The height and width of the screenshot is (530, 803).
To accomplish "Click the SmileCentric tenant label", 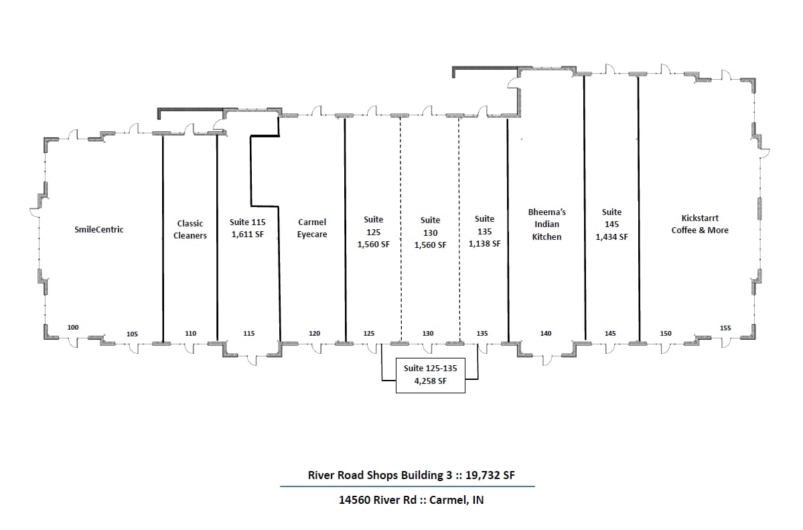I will tap(98, 230).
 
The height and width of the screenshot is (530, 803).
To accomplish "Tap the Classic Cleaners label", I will tap(190, 229).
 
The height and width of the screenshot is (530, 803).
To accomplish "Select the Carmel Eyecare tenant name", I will tap(312, 228).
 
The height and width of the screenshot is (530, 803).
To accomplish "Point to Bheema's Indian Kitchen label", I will tap(546, 224).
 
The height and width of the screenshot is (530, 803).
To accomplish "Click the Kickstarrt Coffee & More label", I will tap(700, 224).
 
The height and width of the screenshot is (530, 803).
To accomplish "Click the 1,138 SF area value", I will tap(484, 244).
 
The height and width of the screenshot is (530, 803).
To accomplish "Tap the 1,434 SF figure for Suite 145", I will tap(611, 237).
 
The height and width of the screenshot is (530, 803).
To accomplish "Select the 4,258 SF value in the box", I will tap(431, 383).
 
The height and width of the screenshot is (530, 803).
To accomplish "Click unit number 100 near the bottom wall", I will tap(73, 327).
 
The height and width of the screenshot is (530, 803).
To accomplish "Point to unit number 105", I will tap(132, 334).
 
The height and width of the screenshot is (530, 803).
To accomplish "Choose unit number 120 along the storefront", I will tap(314, 333).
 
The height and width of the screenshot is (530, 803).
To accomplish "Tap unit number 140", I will tap(546, 333).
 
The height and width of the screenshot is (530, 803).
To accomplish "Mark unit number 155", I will tap(725, 328).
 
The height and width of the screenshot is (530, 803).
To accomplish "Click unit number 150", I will tap(666, 333).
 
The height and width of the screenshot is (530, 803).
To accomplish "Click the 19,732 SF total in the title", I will tap(490, 476).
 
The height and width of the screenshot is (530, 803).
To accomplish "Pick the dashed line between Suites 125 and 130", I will tap(400, 201).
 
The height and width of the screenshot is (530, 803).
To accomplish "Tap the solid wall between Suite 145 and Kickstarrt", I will tap(638, 201).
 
